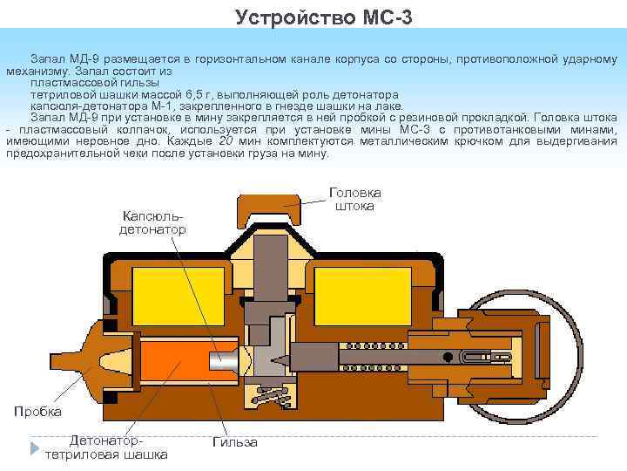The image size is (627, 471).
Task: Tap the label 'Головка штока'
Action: click(x=354, y=199)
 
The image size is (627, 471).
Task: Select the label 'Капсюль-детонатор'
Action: click(x=153, y=222)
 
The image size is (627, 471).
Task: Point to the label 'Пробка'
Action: click(x=37, y=411)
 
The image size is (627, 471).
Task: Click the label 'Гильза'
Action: click(x=235, y=442)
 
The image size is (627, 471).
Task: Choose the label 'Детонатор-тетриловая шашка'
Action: click(x=106, y=448)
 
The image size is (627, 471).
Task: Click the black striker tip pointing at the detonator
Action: click(x=281, y=358)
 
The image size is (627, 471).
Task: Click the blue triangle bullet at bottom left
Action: click(x=35, y=449)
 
